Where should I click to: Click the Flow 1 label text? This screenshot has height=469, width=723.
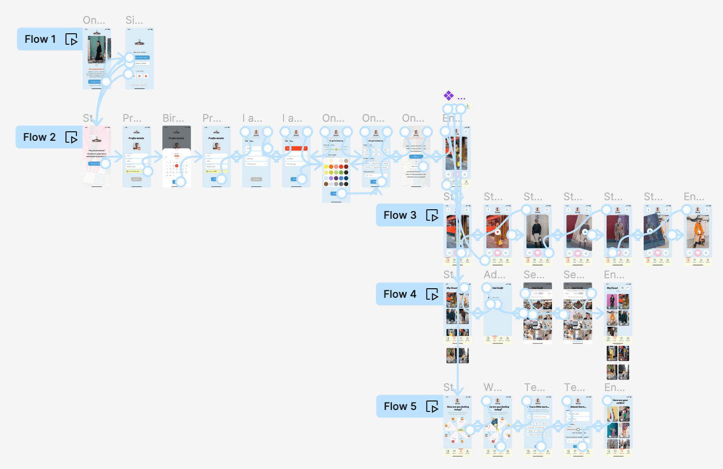coord(40,39)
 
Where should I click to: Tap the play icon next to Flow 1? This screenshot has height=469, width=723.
coord(71,39)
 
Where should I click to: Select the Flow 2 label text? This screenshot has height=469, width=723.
coord(39,137)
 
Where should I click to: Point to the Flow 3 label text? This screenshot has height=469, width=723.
coord(400,215)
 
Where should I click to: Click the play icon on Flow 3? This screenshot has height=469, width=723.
coord(432,215)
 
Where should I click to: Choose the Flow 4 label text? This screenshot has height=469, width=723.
coord(400,294)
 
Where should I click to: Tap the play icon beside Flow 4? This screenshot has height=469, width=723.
coord(432,294)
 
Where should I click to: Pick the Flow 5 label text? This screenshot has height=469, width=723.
coord(400,407)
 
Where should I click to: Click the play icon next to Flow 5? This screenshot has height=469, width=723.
coord(432,407)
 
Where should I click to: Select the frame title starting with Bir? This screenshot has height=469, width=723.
coord(173,118)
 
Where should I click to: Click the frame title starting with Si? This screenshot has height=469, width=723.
coord(134,20)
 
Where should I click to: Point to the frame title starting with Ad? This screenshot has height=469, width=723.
coord(494,275)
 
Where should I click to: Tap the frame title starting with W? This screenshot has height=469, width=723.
coord(492,387)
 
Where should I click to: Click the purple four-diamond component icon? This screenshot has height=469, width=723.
coord(448,96)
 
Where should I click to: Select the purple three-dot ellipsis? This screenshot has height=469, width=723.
coord(461,99)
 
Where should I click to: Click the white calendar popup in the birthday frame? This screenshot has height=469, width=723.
coord(176,167)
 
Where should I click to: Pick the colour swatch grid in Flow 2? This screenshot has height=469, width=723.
coord(336,172)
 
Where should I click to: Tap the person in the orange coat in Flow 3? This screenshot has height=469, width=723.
coord(697,232)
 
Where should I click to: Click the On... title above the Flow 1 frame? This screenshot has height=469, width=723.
coord(94,20)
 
